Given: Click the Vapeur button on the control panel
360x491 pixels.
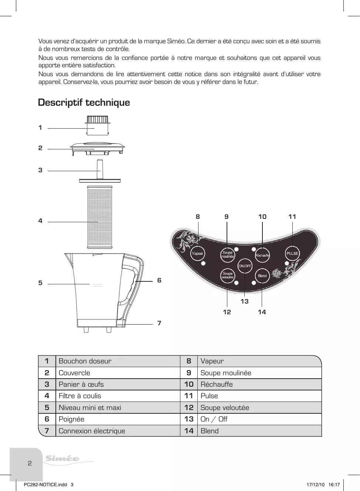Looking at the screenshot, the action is (x=197, y=254).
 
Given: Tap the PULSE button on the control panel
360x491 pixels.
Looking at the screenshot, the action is (x=292, y=254).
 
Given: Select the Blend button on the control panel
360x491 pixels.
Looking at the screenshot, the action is (x=262, y=276).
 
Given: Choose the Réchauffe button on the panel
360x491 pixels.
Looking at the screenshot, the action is (x=262, y=255).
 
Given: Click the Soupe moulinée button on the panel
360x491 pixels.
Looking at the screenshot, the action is (x=228, y=255).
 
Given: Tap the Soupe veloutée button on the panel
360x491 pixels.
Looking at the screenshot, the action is (x=228, y=275).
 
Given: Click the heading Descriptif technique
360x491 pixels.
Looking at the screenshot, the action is (x=84, y=102).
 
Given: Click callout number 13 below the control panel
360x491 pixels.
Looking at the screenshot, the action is (x=245, y=301).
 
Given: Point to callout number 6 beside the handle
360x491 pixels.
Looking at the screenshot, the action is (x=159, y=280).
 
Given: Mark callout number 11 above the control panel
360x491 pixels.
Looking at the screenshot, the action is (x=292, y=217).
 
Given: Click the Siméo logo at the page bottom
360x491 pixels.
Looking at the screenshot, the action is (x=62, y=459).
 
